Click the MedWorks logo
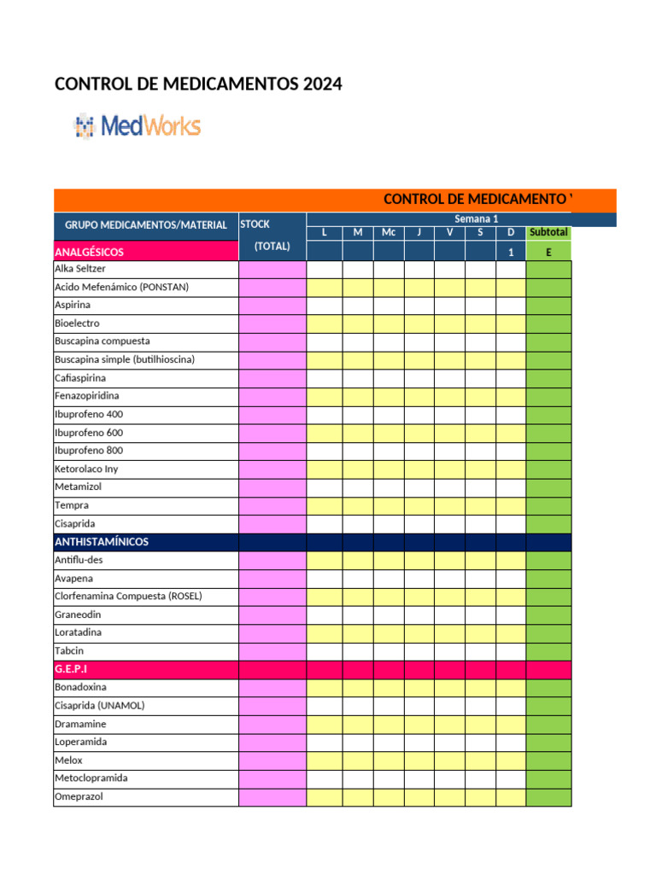[x=138, y=127]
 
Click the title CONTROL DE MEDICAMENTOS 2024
[x=198, y=84]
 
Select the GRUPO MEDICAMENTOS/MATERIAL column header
[x=146, y=225]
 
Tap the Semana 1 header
[x=476, y=219]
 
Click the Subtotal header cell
[x=548, y=232]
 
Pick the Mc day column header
[x=389, y=232]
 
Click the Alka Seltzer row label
[x=80, y=269]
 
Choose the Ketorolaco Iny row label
[x=86, y=469]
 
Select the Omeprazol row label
[x=80, y=796]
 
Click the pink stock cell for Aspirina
[x=272, y=305]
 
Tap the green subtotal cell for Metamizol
[x=548, y=487]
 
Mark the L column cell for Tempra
[x=324, y=505]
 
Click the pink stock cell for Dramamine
[x=272, y=724]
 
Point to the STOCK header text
[x=255, y=224]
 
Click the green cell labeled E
[x=548, y=252]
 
